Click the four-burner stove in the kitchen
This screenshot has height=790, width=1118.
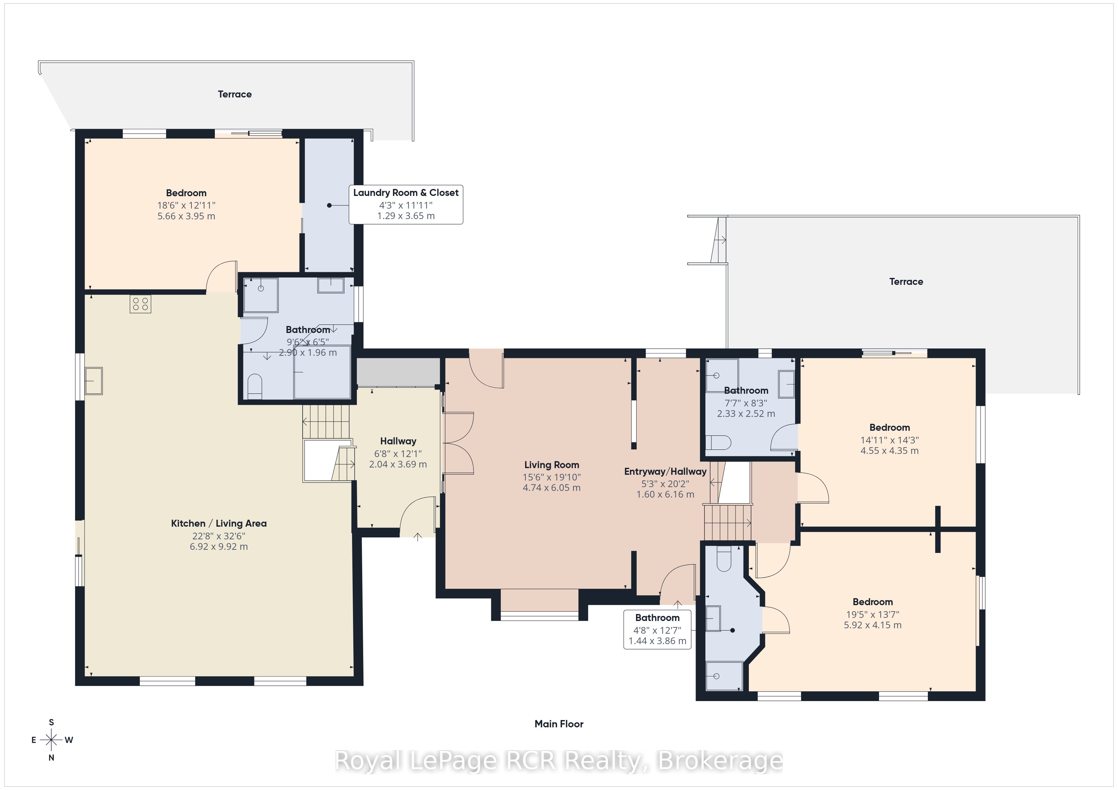pos(140,304)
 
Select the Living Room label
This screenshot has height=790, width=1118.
pos(552,465)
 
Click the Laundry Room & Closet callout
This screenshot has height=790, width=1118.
pos(406,204)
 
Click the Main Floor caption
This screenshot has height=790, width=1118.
pos(559,724)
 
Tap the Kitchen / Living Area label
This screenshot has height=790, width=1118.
pos(219,524)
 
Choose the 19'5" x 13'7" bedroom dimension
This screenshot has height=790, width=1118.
pos(873,614)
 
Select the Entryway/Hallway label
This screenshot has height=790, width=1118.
pos(665,471)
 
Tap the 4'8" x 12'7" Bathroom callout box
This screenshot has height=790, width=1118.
pos(657,630)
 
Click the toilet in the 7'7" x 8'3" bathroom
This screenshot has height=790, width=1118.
pos(718,443)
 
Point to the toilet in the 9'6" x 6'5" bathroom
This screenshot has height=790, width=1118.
pos(255,386)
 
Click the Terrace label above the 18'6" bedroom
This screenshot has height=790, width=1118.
pos(235,94)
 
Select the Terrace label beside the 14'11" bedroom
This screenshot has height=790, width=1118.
pos(906,282)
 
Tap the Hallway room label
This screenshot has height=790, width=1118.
pos(398,441)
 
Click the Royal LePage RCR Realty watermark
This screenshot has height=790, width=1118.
pos(559,761)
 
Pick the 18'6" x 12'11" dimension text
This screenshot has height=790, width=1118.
pos(186,206)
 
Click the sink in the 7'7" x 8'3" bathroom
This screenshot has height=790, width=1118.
pos(787,384)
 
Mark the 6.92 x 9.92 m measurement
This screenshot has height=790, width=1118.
pos(219,547)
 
